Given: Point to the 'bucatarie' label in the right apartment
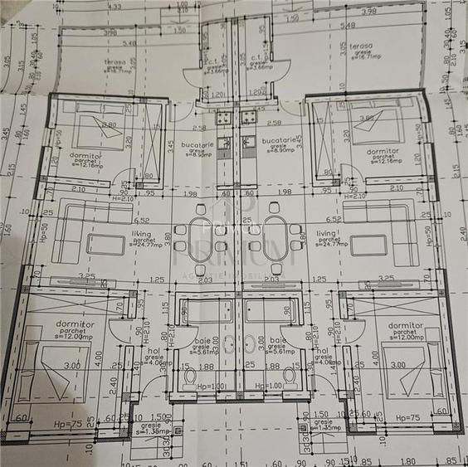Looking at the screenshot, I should click(x=278, y=142).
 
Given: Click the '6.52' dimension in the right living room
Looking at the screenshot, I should click(x=335, y=219).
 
